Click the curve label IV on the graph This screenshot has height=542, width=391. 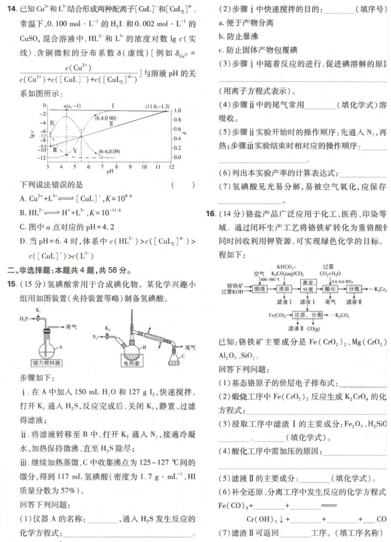click(x=52, y=123)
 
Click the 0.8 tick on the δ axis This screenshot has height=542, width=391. click(x=178, y=120)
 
